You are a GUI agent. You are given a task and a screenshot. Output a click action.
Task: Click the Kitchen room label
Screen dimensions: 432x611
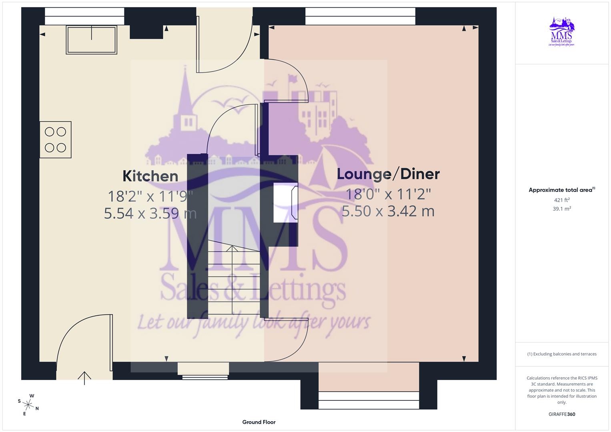coord(150,176)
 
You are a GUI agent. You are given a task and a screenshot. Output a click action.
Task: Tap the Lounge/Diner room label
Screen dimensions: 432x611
coord(388,174)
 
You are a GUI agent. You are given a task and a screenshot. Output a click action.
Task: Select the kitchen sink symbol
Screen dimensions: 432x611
coord(92,40)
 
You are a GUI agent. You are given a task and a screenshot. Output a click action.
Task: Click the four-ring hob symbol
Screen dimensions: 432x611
coord(55,140)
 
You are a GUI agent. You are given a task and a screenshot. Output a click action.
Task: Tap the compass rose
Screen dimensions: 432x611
coord(28,404)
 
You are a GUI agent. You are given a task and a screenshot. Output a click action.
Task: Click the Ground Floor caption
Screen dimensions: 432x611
coord(258,422)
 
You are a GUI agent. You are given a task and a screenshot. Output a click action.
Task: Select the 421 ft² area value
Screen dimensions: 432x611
coord(561,200)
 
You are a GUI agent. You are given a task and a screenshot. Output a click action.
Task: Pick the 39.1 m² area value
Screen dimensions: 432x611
coord(561,209)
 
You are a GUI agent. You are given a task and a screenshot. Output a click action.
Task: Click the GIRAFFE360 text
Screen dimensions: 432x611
coord(561,414)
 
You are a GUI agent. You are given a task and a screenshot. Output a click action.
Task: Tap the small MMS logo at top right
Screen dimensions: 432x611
coord(561,32)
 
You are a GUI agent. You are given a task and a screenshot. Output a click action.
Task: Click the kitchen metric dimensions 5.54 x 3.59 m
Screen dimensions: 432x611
coord(150,213)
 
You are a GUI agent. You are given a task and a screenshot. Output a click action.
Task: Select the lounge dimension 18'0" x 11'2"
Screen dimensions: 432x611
coord(388,194)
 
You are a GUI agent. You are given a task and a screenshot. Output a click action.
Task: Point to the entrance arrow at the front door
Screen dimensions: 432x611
coord(84,378)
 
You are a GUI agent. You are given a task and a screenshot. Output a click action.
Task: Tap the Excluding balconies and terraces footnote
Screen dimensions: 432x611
coord(561,354)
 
